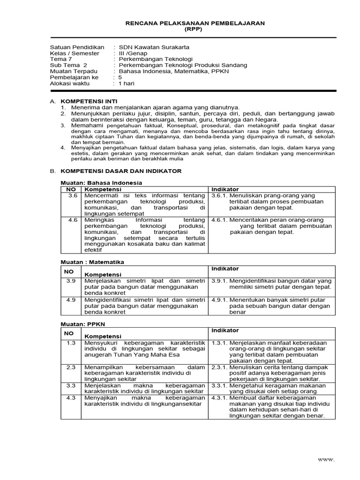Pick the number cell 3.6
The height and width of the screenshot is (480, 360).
[72, 195]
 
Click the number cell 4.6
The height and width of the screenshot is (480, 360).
[72, 220]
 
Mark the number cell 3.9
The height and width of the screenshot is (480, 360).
[72, 281]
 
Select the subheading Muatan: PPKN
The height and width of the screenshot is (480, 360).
[80, 324]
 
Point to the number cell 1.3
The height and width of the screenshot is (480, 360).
[72, 343]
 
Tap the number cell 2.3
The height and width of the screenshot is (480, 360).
[72, 367]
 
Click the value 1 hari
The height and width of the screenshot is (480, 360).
[127, 84]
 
